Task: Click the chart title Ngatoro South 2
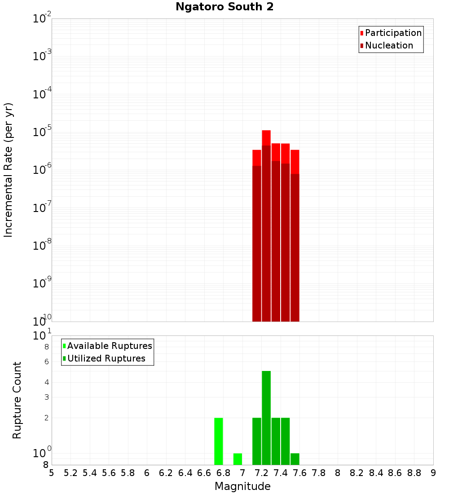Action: pos(224,7)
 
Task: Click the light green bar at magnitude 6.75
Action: pos(219,441)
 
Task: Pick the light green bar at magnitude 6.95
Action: pos(238,459)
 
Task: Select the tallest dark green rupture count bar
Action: pos(266,418)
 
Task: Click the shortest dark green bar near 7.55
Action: pos(295,459)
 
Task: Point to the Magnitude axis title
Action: pos(242,486)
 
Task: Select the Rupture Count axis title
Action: pos(17,400)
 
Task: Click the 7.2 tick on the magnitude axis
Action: pos(262,473)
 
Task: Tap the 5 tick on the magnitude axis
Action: pos(52,473)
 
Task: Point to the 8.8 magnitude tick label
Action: pos(414,473)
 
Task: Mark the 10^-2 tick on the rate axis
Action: pos(42,19)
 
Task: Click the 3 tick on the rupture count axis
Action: pos(46,397)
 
